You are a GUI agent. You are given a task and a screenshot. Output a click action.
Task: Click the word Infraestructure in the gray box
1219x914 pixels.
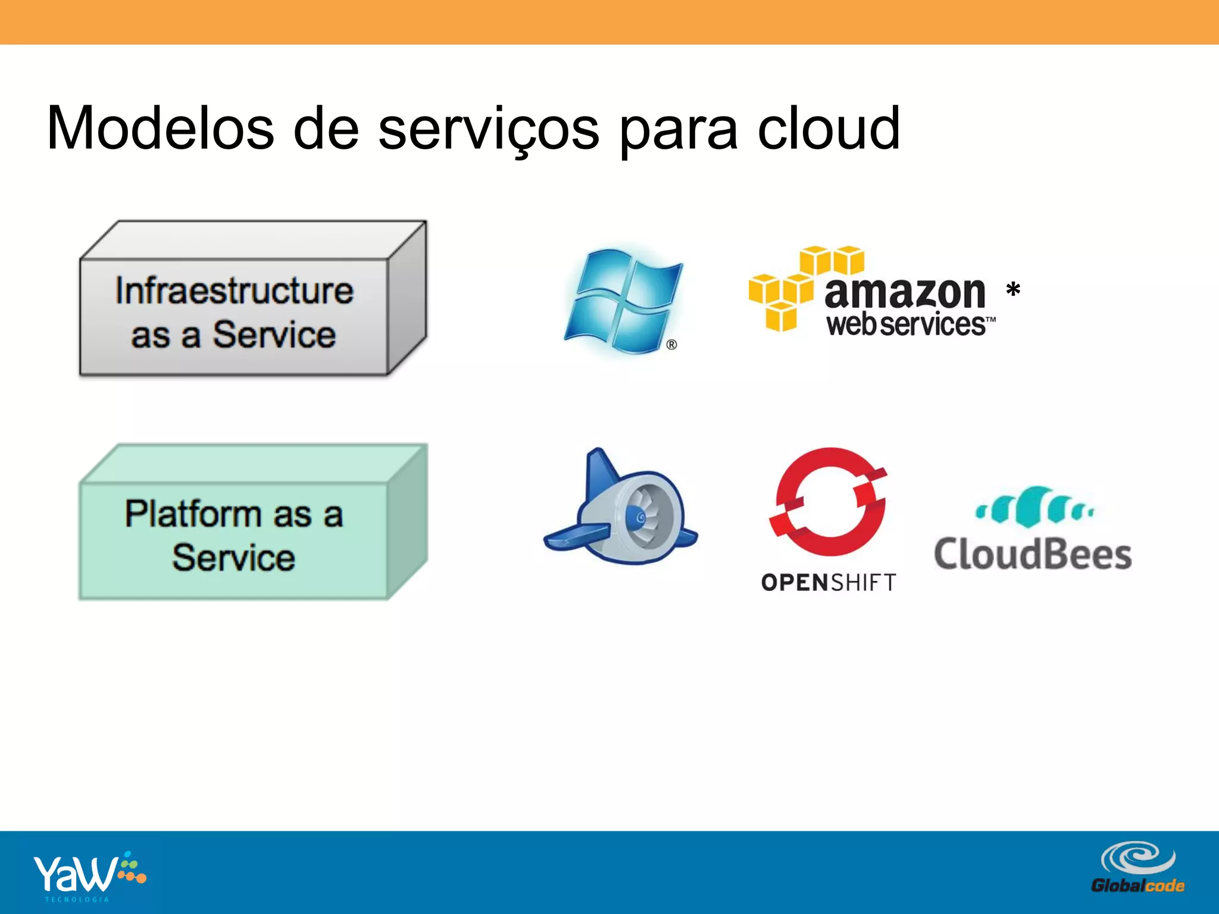click(x=235, y=291)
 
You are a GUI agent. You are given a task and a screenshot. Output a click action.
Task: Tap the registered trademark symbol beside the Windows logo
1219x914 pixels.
click(x=671, y=345)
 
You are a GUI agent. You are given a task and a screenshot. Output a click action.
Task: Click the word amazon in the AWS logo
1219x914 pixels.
click(x=905, y=293)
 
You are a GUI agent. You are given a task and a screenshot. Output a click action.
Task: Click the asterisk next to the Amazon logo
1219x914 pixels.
click(x=1013, y=291)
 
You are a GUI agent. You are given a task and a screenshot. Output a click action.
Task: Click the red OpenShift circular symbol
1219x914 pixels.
click(x=829, y=501)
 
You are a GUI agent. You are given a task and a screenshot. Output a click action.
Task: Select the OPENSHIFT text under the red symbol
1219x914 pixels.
click(x=829, y=582)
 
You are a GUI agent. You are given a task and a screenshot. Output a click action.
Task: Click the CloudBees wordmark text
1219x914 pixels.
click(x=1033, y=555)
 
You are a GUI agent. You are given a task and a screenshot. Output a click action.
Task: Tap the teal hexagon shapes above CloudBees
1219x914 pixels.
click(x=1034, y=508)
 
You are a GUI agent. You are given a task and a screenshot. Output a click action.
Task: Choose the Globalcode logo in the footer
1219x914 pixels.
click(x=1137, y=868)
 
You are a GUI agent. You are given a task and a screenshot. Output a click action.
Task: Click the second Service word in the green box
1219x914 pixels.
click(x=234, y=558)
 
